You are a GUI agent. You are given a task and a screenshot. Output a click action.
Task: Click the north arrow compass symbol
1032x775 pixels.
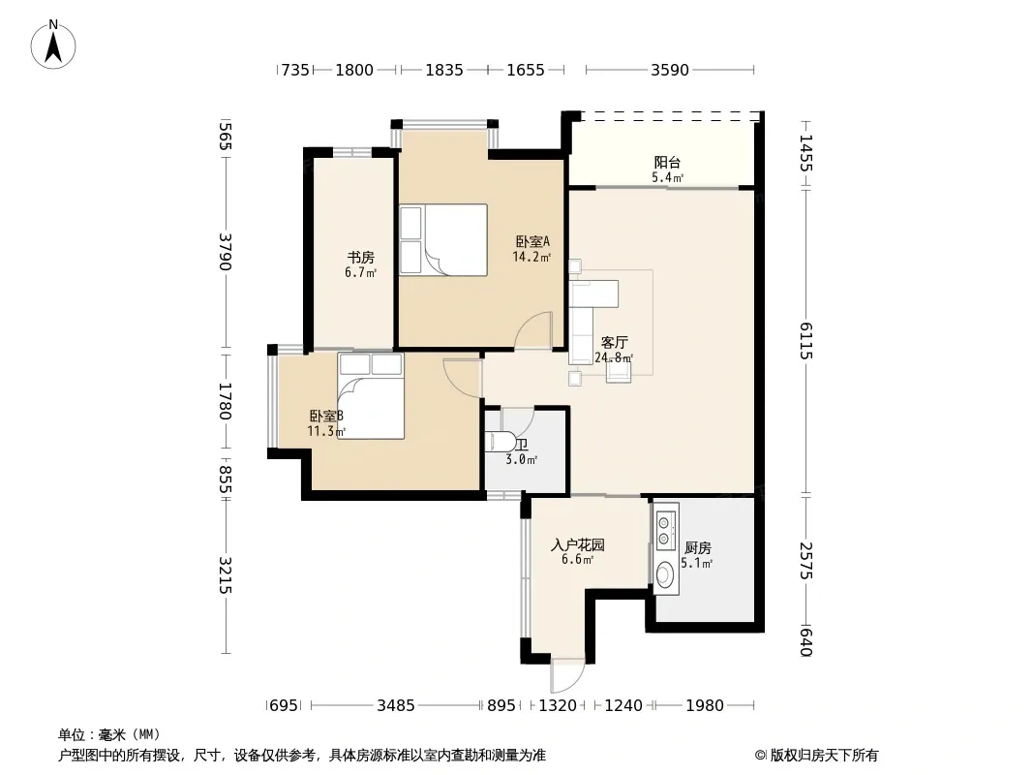point(53,45)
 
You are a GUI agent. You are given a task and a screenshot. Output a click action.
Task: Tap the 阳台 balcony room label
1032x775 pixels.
point(667,162)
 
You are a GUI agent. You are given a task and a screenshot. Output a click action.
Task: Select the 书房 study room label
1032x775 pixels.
point(361,258)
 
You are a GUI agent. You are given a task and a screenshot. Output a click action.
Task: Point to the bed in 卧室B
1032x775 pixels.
point(371,395)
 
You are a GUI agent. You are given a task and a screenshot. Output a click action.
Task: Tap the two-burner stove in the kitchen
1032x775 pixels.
point(665,527)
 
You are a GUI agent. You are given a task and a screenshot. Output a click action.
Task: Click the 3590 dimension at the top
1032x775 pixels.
point(670,70)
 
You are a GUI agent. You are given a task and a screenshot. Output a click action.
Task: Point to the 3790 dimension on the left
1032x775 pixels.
point(226,252)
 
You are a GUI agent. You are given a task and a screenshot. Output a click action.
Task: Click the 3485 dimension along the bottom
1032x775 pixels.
point(396,706)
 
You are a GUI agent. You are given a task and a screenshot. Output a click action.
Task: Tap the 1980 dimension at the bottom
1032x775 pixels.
point(705,706)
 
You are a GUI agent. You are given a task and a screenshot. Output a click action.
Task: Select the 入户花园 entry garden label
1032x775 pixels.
point(578,545)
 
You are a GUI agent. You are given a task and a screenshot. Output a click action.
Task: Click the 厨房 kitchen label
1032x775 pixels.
point(698,548)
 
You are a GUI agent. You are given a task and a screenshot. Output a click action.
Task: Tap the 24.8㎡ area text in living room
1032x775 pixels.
point(614,358)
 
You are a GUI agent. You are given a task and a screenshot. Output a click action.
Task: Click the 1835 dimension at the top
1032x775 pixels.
point(444,70)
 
